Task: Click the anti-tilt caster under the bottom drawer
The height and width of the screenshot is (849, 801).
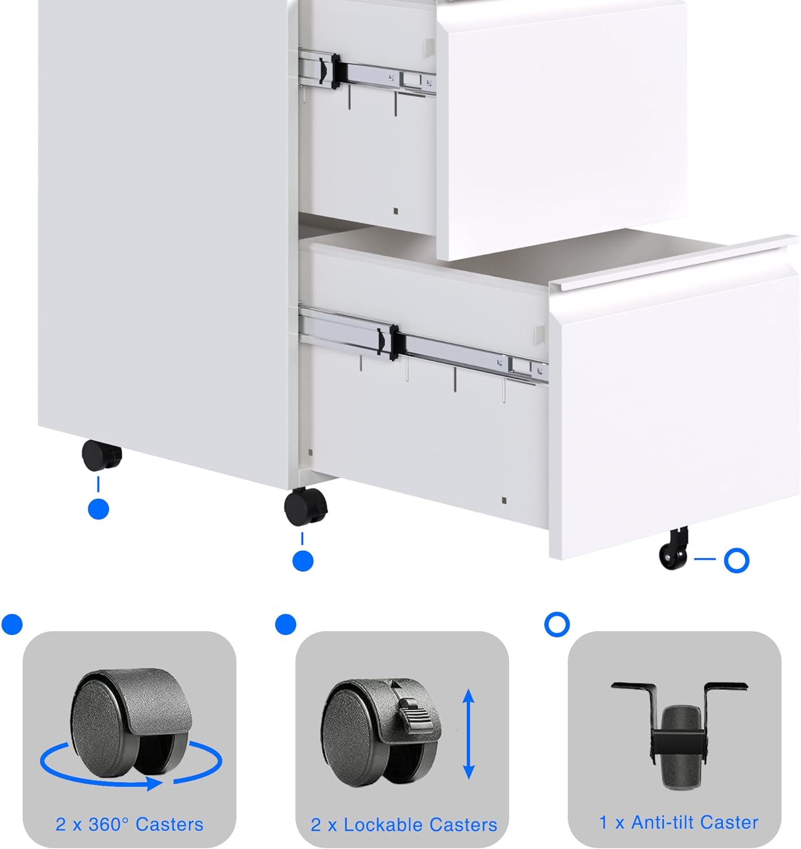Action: pyautogui.click(x=673, y=551)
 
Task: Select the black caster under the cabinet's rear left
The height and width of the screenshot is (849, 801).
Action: pyautogui.click(x=102, y=456)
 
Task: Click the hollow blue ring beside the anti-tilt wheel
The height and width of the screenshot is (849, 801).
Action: pyautogui.click(x=737, y=560)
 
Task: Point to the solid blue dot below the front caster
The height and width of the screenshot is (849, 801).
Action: pyautogui.click(x=303, y=561)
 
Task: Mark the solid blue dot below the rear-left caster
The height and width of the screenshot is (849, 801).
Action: pyautogui.click(x=98, y=509)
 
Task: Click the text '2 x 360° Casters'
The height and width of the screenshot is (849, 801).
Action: pyautogui.click(x=129, y=824)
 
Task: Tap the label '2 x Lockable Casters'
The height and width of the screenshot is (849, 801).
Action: pyautogui.click(x=403, y=825)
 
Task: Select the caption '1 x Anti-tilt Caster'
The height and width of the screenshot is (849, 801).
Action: pyautogui.click(x=678, y=822)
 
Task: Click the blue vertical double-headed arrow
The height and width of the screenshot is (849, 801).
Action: pyautogui.click(x=468, y=734)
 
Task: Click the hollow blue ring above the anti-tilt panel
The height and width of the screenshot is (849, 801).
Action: pyautogui.click(x=557, y=624)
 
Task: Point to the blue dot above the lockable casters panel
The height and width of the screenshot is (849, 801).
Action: pyautogui.click(x=285, y=624)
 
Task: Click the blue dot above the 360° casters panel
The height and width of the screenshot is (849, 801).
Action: pyautogui.click(x=12, y=624)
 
